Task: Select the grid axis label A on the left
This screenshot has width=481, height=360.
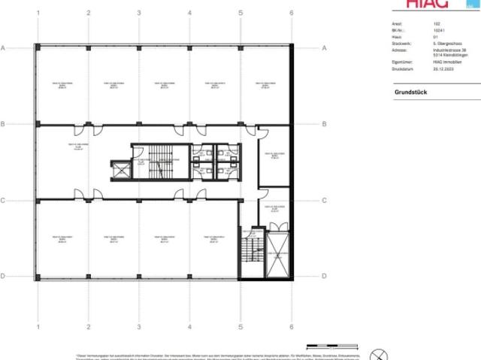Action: [4, 48]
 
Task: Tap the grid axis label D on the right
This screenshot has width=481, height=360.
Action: [324, 277]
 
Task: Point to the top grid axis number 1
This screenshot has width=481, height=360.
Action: [38, 14]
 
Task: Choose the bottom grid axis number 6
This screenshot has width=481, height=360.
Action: [291, 328]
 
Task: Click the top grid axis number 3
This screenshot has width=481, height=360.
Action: [139, 14]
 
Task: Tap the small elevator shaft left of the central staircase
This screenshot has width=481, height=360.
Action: [121, 170]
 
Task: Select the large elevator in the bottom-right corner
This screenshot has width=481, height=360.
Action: [277, 255]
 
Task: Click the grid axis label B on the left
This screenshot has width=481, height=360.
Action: [4, 124]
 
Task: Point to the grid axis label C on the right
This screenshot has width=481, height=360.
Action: [324, 201]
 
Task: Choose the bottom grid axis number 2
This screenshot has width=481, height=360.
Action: [89, 328]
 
